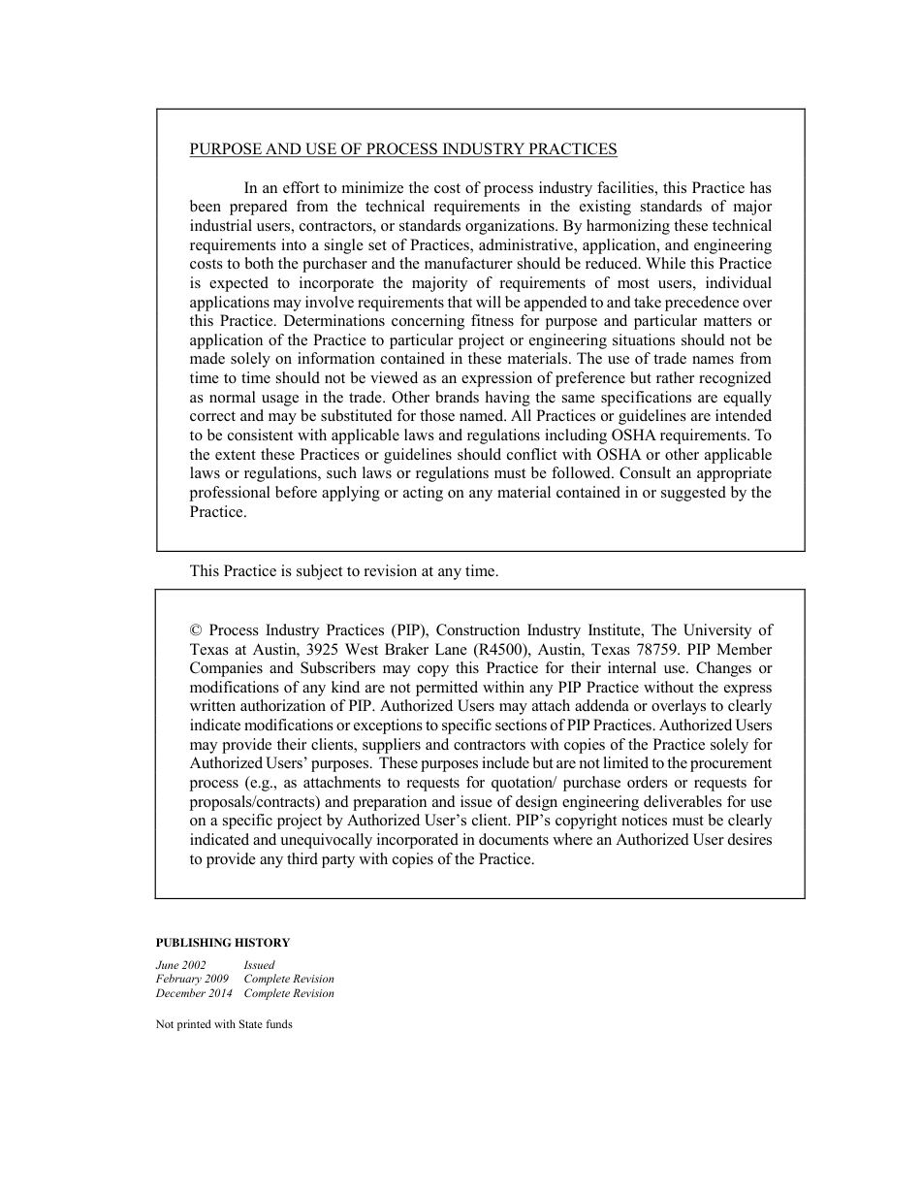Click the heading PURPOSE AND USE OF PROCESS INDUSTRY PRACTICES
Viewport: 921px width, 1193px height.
[403, 149]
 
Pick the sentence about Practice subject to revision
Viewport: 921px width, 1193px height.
[344, 571]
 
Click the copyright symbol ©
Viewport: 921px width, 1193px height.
[196, 630]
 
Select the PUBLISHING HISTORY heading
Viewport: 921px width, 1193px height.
[223, 943]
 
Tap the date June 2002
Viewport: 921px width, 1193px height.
[180, 965]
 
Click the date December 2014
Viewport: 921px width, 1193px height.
[194, 993]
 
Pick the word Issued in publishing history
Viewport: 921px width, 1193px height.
[259, 965]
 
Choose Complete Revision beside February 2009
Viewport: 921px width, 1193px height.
[289, 980]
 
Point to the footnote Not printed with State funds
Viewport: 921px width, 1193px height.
[224, 1024]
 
